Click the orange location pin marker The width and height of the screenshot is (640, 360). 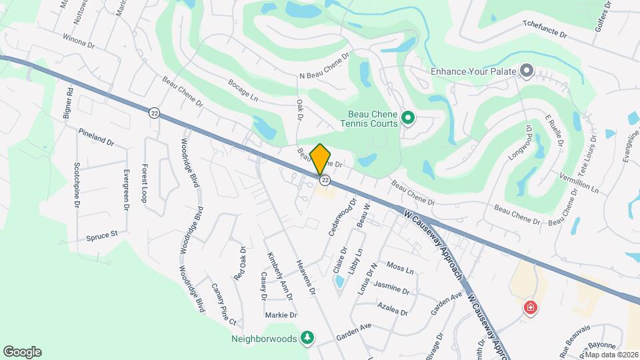[x=321, y=159]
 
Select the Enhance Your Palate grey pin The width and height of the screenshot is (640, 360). [x=527, y=70]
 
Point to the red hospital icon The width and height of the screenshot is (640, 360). [x=531, y=308]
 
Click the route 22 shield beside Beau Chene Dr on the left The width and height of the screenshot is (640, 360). [x=154, y=113]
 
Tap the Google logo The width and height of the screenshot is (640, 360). [x=22, y=352]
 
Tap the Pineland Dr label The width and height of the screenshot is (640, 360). [x=97, y=137]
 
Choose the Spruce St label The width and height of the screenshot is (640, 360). [x=101, y=236]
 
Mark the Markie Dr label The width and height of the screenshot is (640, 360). [x=281, y=315]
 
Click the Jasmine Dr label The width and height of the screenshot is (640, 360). [x=391, y=289]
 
